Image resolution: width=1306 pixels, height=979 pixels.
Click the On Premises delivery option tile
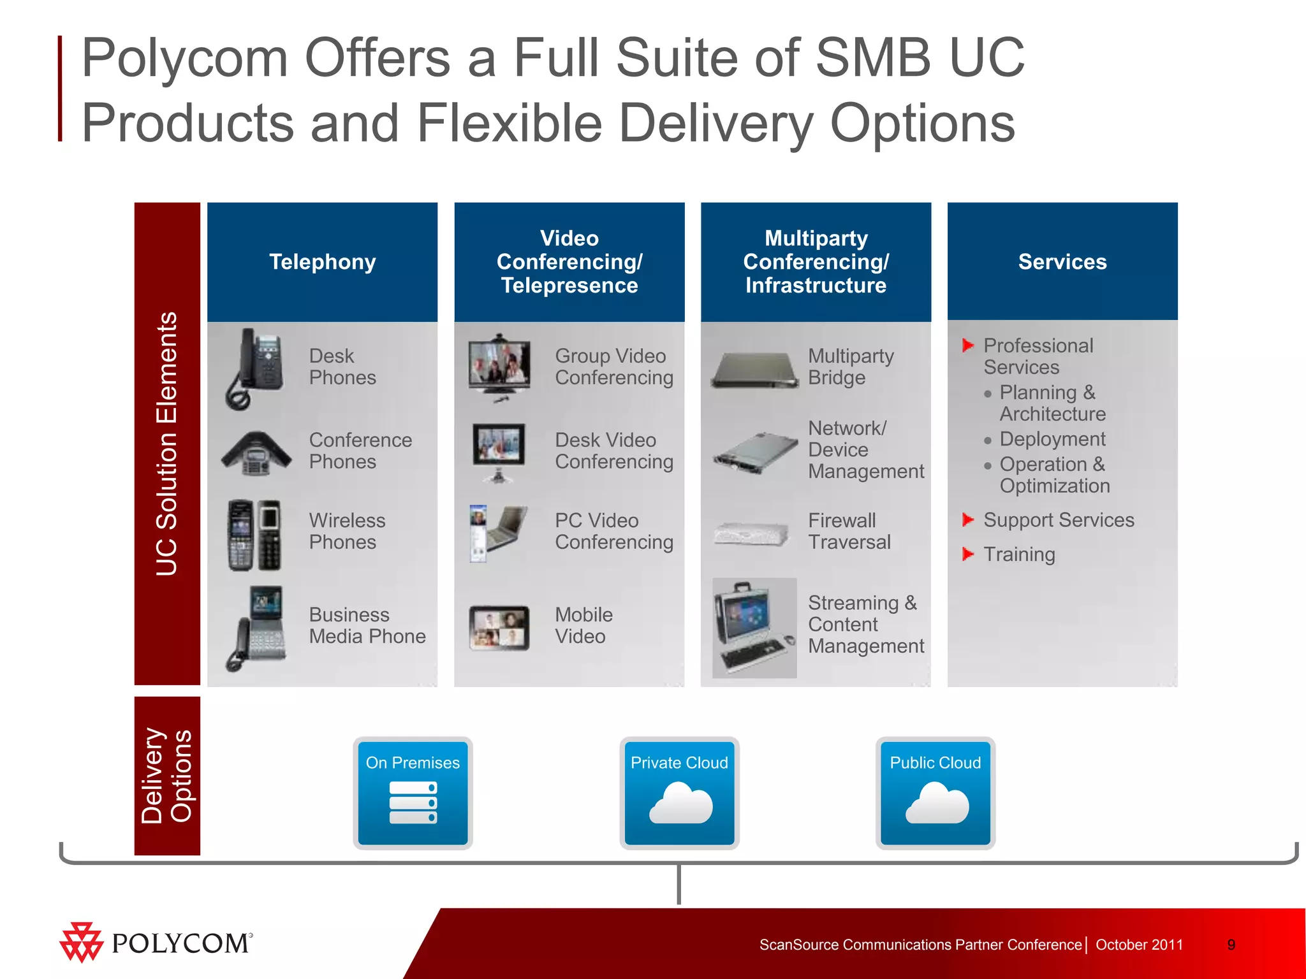point(413,792)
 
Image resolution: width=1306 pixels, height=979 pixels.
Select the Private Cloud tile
point(679,792)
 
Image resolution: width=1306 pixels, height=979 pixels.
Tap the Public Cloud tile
point(935,792)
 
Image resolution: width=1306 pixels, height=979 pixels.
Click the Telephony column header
point(322,262)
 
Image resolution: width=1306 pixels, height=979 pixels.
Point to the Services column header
point(1062,262)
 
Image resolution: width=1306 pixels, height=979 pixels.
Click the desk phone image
point(255,368)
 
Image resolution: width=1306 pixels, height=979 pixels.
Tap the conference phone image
point(256,453)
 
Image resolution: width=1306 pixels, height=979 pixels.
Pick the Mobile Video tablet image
point(499,627)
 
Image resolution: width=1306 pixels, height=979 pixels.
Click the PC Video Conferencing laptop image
point(498,533)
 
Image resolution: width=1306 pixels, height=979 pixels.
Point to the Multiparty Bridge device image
point(755,370)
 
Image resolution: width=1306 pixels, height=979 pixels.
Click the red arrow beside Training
point(967,554)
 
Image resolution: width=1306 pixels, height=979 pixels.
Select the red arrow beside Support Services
point(967,519)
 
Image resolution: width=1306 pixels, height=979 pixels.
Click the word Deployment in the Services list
point(1052,439)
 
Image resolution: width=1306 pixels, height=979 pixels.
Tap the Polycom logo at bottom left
point(156,943)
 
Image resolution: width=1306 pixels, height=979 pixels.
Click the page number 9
point(1231,945)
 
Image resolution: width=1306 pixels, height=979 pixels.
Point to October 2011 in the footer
point(1139,945)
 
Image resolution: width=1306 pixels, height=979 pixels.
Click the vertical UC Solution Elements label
point(167,444)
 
